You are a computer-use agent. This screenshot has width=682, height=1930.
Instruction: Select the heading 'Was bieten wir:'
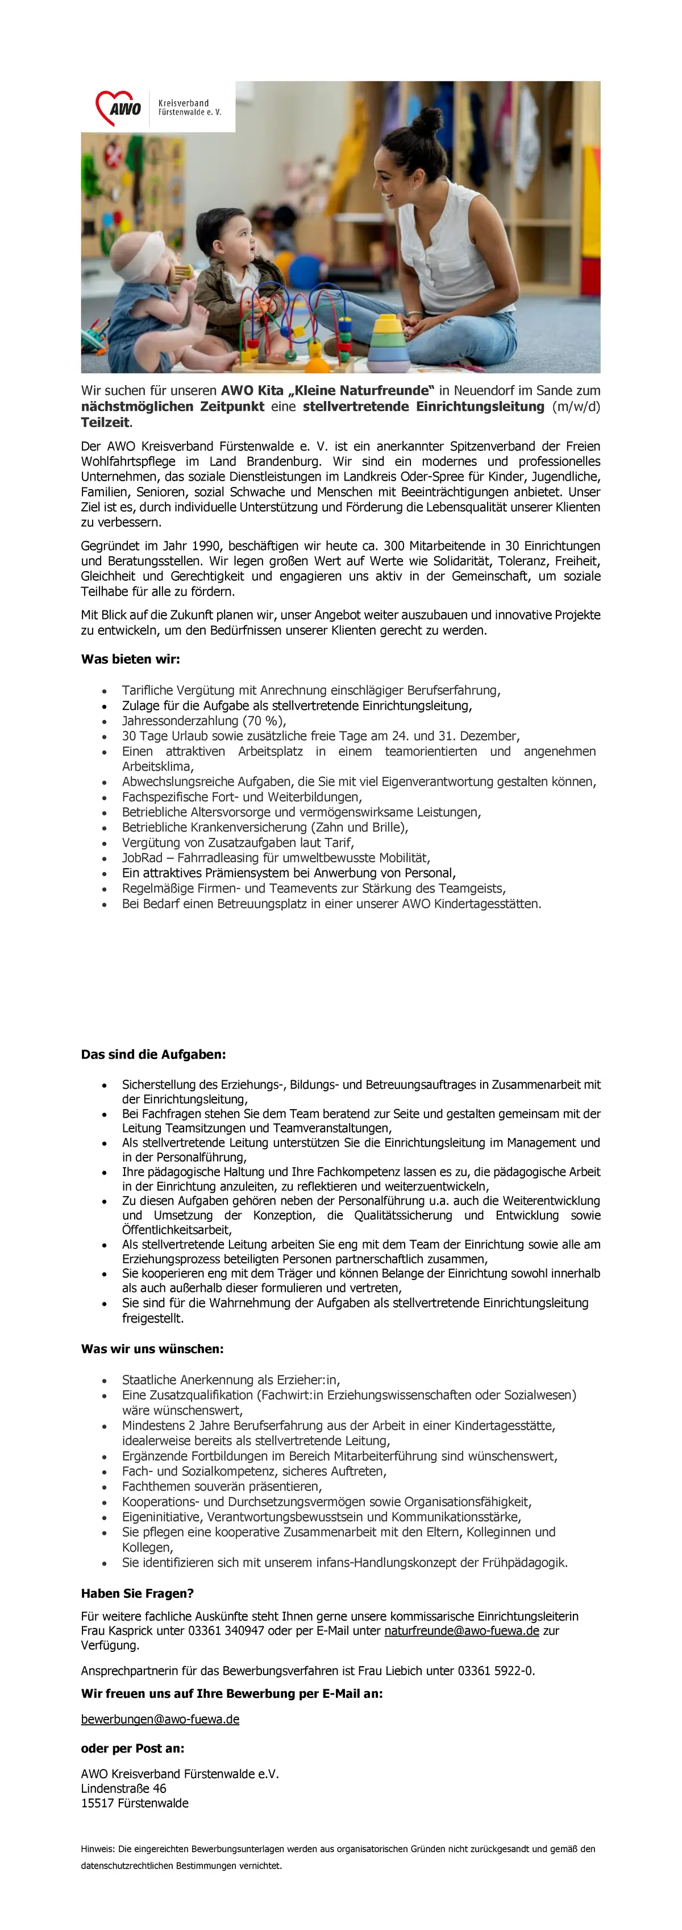click(x=130, y=659)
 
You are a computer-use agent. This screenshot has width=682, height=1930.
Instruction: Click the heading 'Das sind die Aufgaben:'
click(x=153, y=1054)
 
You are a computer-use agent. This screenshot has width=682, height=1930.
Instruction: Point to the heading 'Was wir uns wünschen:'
click(x=152, y=1349)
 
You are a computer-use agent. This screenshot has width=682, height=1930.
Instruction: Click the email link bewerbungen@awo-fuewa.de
click(x=160, y=1719)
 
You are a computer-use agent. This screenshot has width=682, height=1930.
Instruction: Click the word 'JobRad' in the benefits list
click(x=142, y=858)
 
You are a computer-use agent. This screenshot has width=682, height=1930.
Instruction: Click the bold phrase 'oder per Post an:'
click(x=132, y=1748)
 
